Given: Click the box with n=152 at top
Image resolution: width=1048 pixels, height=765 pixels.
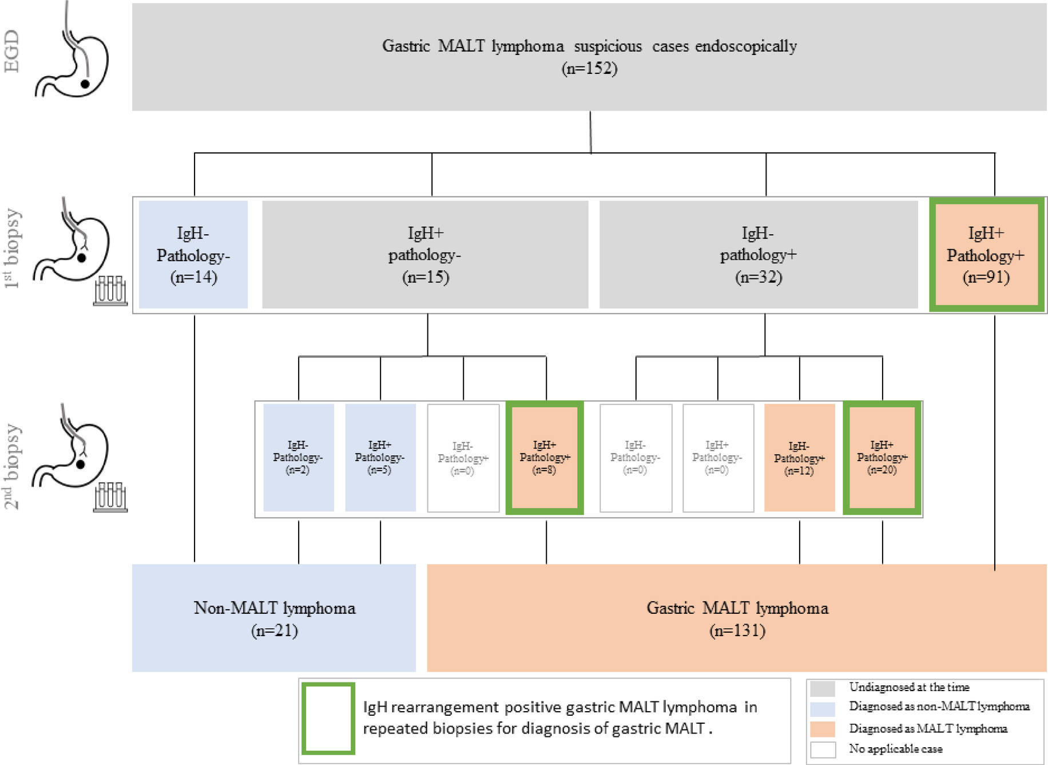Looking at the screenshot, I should (x=589, y=57).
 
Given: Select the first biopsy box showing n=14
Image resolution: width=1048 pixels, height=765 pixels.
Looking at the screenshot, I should (x=193, y=255).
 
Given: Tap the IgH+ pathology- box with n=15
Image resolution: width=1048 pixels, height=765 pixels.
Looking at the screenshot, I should (x=425, y=255).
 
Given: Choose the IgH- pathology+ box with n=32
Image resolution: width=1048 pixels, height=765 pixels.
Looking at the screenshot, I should (x=758, y=255).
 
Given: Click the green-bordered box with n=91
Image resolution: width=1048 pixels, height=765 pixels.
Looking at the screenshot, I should (x=986, y=255).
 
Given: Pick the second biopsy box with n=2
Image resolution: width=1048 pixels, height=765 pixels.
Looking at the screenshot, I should (x=298, y=458).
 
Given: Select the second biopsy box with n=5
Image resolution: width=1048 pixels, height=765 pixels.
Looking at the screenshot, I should (x=380, y=458).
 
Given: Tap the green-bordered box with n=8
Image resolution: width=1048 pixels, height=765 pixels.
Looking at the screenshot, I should (x=545, y=458).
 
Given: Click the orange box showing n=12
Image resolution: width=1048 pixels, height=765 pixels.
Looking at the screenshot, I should (x=799, y=458).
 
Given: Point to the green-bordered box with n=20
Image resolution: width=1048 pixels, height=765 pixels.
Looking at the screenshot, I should (x=882, y=458).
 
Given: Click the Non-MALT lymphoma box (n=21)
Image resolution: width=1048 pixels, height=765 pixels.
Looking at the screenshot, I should (x=274, y=618).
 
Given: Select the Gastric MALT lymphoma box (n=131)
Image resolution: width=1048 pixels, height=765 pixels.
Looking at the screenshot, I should (x=737, y=618).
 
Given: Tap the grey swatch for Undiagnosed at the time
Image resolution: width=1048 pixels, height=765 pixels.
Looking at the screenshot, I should (x=822, y=688).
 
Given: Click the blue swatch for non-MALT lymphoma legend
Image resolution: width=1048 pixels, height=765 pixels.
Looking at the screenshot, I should (x=822, y=709).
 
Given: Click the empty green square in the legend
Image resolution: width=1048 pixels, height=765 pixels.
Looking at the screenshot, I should (x=328, y=718).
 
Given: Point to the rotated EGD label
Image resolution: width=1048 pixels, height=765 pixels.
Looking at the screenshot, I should (x=12, y=52).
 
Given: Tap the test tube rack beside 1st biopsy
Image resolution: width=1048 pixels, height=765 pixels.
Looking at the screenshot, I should (x=110, y=291).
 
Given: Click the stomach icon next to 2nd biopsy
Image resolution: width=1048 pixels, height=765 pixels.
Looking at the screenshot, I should (x=72, y=449).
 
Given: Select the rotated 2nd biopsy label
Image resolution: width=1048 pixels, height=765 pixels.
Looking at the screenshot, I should (x=12, y=467).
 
